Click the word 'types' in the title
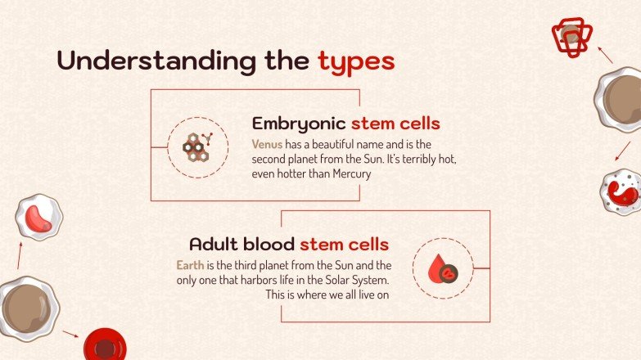tap(356, 61)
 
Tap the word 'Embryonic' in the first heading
tap(299, 124)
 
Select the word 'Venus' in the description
tap(267, 144)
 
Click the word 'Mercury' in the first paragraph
tap(351, 173)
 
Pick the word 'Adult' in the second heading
tap(216, 244)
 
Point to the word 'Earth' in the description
tap(190, 265)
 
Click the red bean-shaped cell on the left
tap(38, 218)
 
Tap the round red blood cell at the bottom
tap(104, 345)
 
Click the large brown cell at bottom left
tap(26, 308)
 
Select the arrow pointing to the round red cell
tap(70, 334)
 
